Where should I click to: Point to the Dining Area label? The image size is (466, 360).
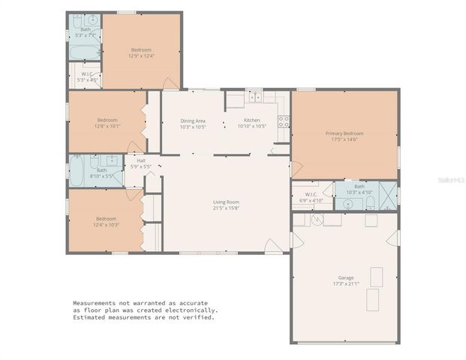click(x=193, y=121)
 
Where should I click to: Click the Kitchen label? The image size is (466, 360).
click(x=252, y=121)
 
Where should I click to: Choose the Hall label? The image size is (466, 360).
click(x=140, y=160)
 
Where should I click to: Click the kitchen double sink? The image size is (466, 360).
click(x=254, y=97)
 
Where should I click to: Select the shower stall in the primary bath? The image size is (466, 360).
click(x=388, y=193)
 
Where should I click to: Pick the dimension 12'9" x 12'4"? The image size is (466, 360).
click(x=141, y=56)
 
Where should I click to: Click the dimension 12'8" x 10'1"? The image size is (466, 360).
click(x=107, y=126)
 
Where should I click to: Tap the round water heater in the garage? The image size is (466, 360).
click(x=317, y=220)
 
